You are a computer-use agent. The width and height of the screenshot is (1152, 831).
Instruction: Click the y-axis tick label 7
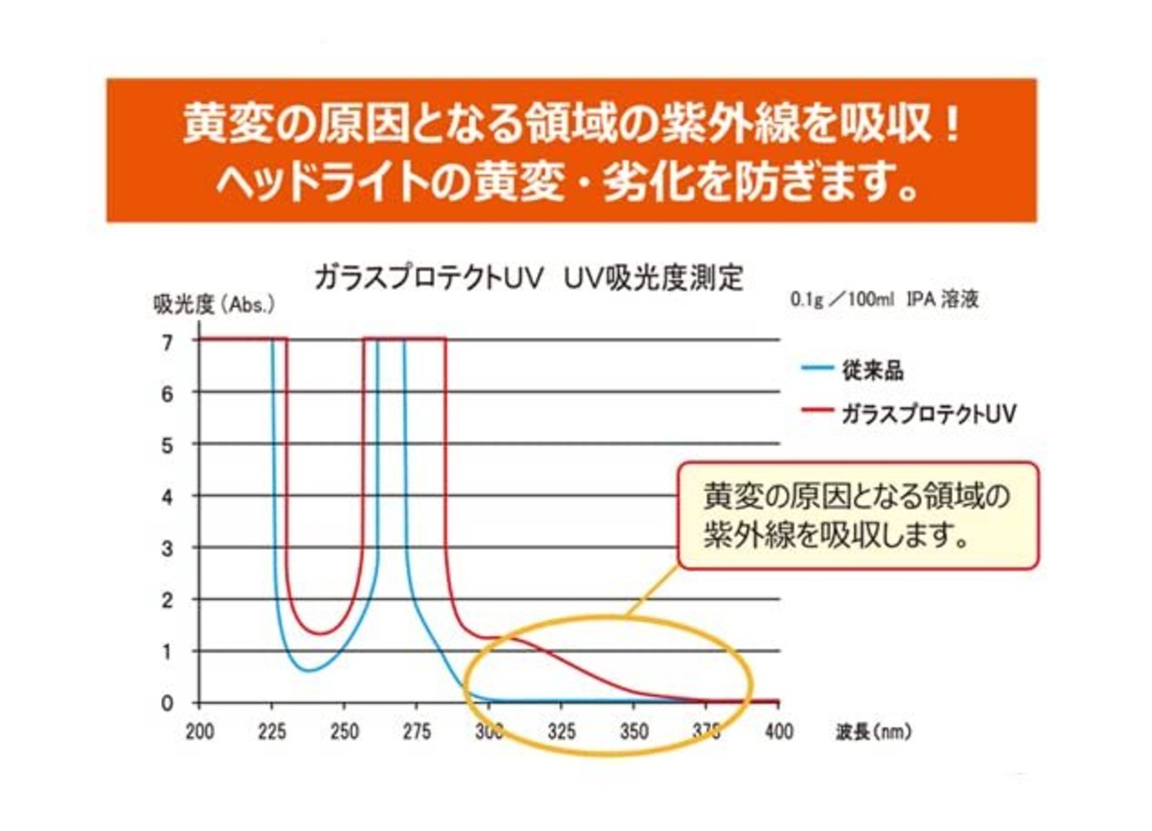[x=167, y=341]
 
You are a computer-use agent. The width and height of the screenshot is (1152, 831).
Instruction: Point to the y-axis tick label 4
[x=167, y=496]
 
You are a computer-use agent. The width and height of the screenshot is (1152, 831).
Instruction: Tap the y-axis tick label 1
[x=167, y=651]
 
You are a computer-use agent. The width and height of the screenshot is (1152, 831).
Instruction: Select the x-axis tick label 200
[x=199, y=732]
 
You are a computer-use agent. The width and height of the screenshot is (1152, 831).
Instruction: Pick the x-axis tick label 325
[x=562, y=732]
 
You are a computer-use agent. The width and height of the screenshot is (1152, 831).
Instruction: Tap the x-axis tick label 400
[x=778, y=732]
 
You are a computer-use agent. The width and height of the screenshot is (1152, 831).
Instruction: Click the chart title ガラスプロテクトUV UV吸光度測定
[x=528, y=277]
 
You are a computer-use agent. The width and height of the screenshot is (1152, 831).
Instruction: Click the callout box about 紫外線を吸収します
[x=858, y=516]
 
